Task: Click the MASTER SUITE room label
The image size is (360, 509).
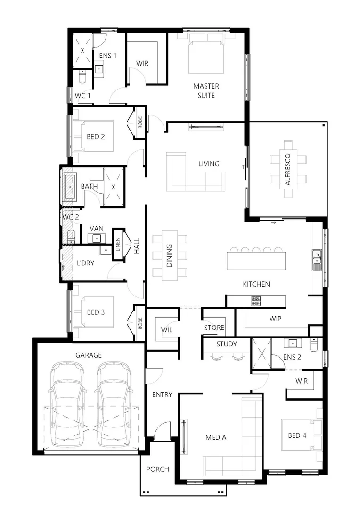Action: tap(206, 90)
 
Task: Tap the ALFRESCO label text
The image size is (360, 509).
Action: tap(287, 169)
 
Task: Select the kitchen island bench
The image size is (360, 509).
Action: tap(256, 260)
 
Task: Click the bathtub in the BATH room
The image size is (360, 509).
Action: tap(71, 187)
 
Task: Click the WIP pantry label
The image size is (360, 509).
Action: tap(275, 319)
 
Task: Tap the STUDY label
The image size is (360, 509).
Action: tap(226, 344)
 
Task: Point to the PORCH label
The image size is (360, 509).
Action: tap(157, 469)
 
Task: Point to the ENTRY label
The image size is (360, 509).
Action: tap(162, 394)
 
